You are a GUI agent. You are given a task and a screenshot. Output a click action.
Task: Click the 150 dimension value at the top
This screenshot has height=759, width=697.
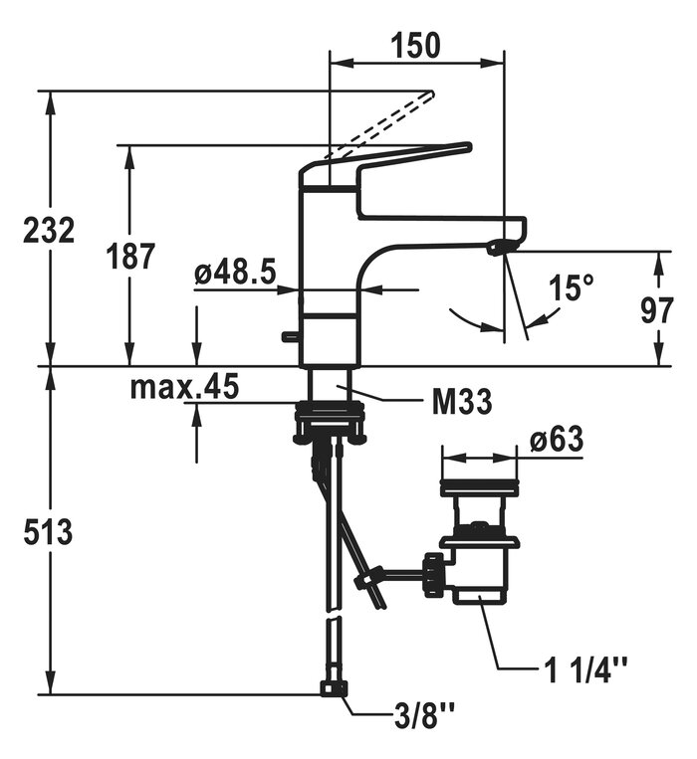click(416, 45)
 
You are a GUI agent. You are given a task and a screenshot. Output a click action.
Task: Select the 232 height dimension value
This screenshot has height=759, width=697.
click(49, 230)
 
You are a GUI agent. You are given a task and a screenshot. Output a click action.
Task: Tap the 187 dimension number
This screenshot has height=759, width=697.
click(130, 256)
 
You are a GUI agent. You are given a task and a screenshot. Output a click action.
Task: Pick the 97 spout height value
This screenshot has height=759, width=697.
click(657, 310)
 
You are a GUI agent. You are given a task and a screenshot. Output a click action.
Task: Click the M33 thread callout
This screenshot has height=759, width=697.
click(462, 401)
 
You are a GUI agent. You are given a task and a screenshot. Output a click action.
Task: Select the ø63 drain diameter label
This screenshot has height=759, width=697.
click(556, 439)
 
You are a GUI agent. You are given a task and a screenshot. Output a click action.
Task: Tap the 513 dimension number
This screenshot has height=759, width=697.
click(48, 531)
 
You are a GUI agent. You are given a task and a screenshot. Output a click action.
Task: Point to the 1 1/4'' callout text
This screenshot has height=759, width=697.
click(586, 669)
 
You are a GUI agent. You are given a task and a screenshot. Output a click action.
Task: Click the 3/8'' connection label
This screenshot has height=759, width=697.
click(424, 716)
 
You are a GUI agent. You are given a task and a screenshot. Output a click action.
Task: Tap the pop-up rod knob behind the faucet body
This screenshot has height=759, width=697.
click(290, 335)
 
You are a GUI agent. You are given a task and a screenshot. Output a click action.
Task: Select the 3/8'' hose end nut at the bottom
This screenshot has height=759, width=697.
click(335, 688)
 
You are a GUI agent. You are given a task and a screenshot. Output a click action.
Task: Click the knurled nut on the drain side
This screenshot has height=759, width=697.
click(434, 576)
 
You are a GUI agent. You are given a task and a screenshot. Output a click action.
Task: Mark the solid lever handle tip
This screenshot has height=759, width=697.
click(467, 146)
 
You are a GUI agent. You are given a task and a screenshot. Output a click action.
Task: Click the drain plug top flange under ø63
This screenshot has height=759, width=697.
click(480, 487)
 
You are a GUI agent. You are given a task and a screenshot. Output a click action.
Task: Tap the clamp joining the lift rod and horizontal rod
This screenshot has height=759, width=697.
click(366, 578)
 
